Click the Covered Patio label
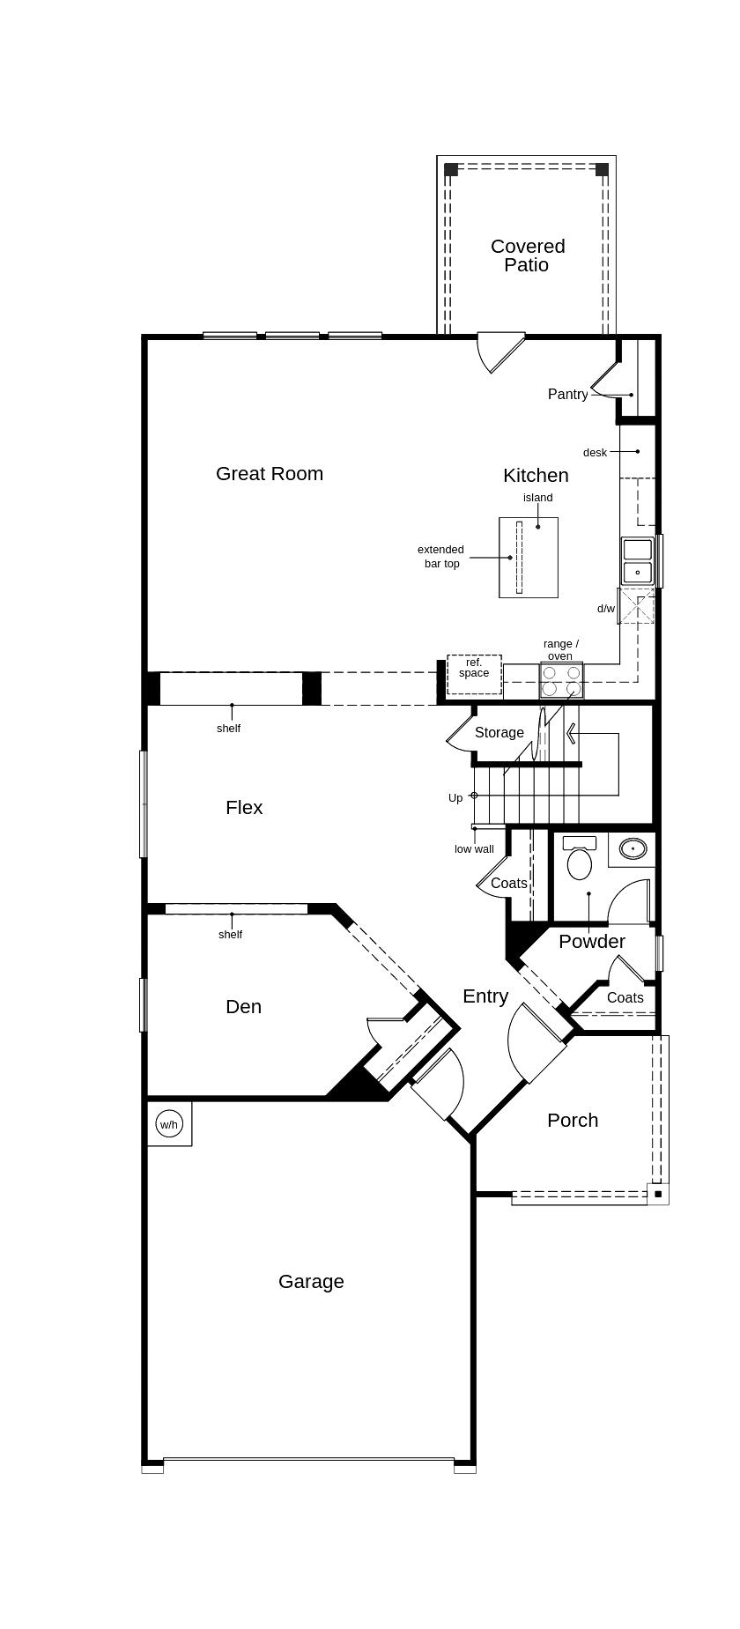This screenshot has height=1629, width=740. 528,255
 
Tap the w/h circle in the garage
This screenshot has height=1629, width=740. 168,1124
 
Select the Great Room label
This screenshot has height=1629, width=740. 270,474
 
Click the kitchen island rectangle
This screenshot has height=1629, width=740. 529,558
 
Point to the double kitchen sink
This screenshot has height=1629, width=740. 637,561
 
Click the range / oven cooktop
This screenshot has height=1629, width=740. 561,680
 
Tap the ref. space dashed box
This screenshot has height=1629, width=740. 474,674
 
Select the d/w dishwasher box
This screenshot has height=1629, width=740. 636,607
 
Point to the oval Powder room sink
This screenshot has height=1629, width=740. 633,848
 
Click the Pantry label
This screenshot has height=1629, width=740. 567,395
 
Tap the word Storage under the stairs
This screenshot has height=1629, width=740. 499,733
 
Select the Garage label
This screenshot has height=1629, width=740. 311,1282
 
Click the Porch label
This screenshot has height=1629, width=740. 573,1121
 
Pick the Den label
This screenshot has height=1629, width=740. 243,1007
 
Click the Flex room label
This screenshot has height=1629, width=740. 244,808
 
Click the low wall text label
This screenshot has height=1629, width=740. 474,849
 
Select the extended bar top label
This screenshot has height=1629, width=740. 440,557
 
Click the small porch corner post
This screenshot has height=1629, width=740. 658,1194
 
